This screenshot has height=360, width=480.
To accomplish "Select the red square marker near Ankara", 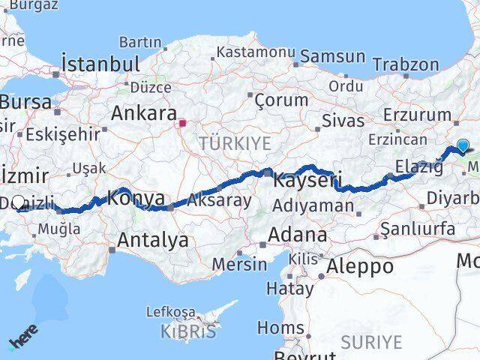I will click(182, 121).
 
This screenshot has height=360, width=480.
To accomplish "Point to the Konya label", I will click(136, 199).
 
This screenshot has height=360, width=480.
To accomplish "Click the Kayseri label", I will click(307, 181).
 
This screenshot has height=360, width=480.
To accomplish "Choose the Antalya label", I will click(153, 241).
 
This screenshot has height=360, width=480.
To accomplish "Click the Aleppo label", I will click(360, 266).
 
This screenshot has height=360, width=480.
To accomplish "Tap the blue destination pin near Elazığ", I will click(463, 147).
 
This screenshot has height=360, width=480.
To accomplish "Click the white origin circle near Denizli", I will click(19, 202).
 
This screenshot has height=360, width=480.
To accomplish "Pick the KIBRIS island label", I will click(187, 331).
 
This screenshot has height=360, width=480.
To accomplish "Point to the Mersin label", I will click(239, 264).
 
